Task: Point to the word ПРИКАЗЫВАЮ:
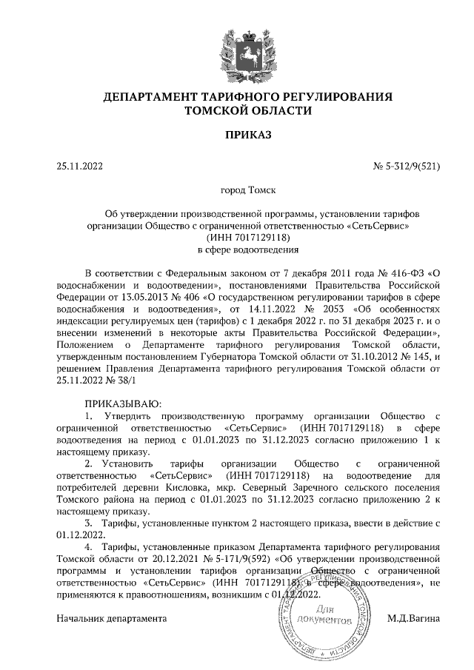(x=120, y=403)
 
